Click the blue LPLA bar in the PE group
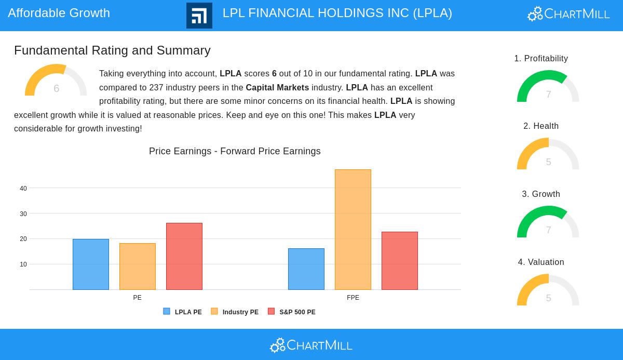[91, 264]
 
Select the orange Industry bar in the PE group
[138, 266]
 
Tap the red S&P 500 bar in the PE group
[184, 256]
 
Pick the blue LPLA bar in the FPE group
[306, 269]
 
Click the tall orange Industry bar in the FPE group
[353, 230]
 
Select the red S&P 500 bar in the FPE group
[400, 261]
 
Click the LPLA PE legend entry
[183, 312]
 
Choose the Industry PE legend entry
[235, 312]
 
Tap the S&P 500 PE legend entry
[292, 312]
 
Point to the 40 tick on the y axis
[23, 189]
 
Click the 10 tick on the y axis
[23, 264]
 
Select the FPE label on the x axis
[353, 298]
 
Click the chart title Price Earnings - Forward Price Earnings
[235, 151]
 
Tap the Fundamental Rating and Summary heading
[112, 50]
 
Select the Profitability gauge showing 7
[548, 88]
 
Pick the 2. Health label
[541, 126]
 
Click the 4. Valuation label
[541, 262]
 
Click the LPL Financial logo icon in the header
[199, 16]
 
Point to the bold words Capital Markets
[277, 88]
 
